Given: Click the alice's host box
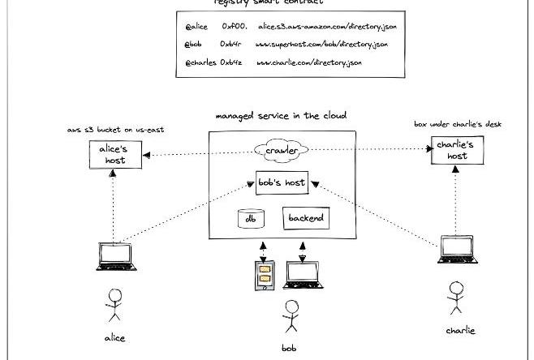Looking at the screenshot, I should click(x=114, y=154).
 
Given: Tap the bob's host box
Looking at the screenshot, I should click(x=281, y=182).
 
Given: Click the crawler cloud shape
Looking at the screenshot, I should click(x=281, y=151).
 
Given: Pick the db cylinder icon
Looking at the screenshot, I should click(x=250, y=218).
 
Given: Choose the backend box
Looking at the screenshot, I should click(x=306, y=218).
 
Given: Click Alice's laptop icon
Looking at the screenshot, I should click(x=116, y=256).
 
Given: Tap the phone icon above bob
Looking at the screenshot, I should click(x=263, y=276).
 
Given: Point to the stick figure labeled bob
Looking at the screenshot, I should click(x=289, y=317).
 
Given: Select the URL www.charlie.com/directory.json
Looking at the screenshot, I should click(x=308, y=62).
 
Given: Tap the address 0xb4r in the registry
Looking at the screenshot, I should click(x=232, y=44).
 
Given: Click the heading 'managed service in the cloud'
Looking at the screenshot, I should click(x=281, y=116).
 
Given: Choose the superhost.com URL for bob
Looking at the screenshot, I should click(x=321, y=44).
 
